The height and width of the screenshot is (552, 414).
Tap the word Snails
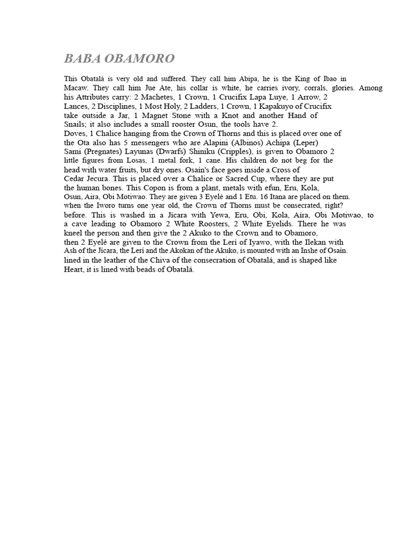click(x=75, y=125)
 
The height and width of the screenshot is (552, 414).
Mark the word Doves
click(x=75, y=133)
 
